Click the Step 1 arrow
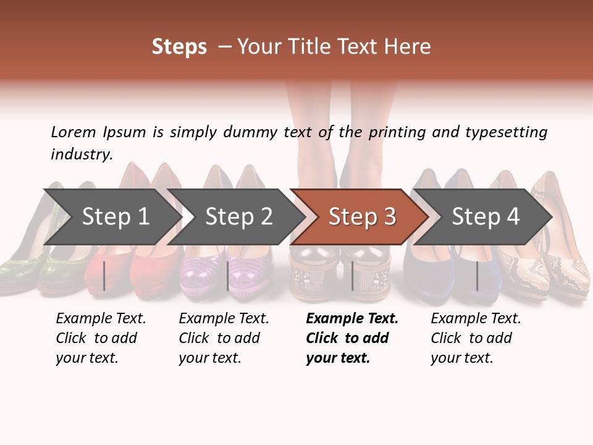(114, 217)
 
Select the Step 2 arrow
(238, 217)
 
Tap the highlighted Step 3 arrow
(362, 217)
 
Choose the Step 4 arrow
(486, 217)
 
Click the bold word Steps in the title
(179, 47)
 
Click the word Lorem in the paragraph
(74, 132)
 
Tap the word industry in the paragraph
(82, 154)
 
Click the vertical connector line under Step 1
(104, 276)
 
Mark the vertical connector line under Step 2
(228, 276)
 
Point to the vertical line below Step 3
(353, 276)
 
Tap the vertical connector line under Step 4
(477, 276)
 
